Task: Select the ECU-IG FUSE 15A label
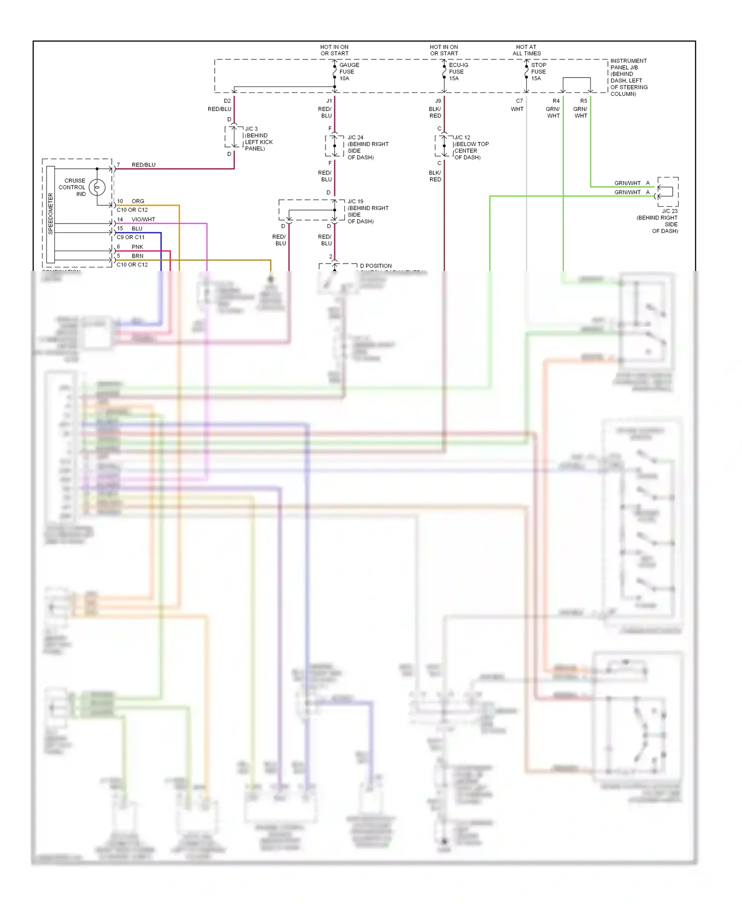(458, 72)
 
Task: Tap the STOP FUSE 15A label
(538, 72)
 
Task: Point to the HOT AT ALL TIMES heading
(526, 50)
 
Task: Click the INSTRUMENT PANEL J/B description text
(628, 77)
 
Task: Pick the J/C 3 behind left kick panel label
(258, 138)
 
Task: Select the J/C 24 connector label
(368, 147)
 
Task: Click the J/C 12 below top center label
(471, 147)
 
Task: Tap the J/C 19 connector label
(368, 211)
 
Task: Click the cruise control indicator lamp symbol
(97, 187)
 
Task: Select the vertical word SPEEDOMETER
(50, 214)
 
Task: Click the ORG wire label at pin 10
(138, 201)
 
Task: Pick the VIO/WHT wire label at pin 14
(143, 220)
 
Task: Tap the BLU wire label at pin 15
(137, 228)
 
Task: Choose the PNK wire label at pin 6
(138, 247)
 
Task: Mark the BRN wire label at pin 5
(138, 256)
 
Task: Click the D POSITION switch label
(375, 266)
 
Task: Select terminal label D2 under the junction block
(227, 101)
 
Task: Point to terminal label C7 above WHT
(519, 101)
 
